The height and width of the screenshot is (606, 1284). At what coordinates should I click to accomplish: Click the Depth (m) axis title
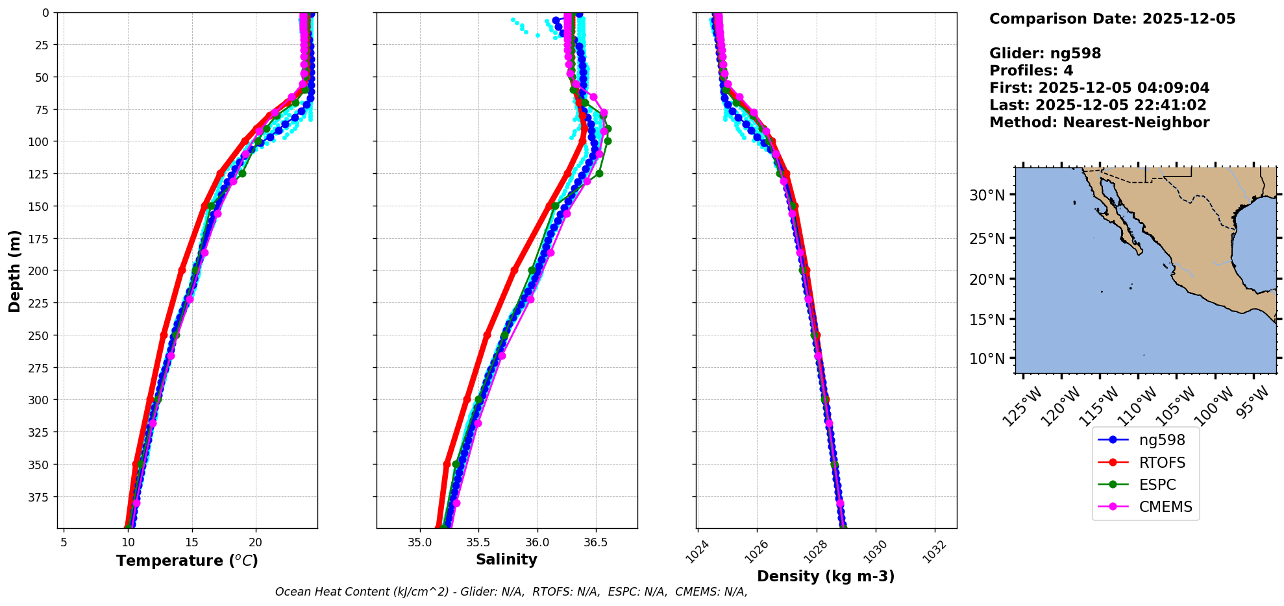14,271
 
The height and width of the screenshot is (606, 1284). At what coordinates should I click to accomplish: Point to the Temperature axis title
187,561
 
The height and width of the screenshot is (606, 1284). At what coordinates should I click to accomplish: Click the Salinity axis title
506,559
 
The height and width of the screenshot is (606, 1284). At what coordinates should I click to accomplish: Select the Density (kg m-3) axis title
826,576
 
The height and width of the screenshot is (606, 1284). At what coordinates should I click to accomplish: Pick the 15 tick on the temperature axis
191,542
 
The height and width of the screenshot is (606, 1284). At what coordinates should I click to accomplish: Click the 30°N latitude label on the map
987,195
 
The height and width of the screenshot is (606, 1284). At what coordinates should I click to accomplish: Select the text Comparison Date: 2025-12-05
1112,19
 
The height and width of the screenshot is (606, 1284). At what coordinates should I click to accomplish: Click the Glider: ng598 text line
1045,53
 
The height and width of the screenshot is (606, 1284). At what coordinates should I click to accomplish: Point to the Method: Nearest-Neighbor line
1099,123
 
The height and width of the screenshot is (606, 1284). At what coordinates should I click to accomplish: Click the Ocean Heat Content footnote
511,592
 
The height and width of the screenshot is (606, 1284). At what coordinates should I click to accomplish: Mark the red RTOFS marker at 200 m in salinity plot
514,270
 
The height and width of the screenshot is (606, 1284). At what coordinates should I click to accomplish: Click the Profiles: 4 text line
1031,71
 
